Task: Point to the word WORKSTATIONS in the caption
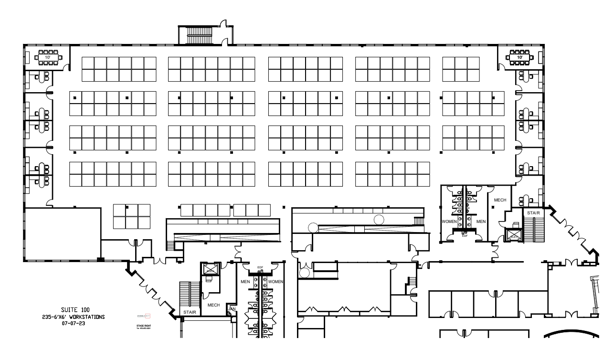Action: [x=86, y=317]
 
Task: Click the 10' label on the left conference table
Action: [x=48, y=57]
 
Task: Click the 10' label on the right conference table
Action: [x=519, y=57]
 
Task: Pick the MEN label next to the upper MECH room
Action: [x=481, y=222]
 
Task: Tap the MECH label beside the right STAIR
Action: [x=500, y=201]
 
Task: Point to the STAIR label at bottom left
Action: [x=190, y=312]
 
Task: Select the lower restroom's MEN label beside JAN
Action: [x=245, y=282]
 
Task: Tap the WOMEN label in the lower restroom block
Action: [x=275, y=282]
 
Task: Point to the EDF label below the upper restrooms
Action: [x=465, y=235]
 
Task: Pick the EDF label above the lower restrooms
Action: [x=260, y=268]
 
